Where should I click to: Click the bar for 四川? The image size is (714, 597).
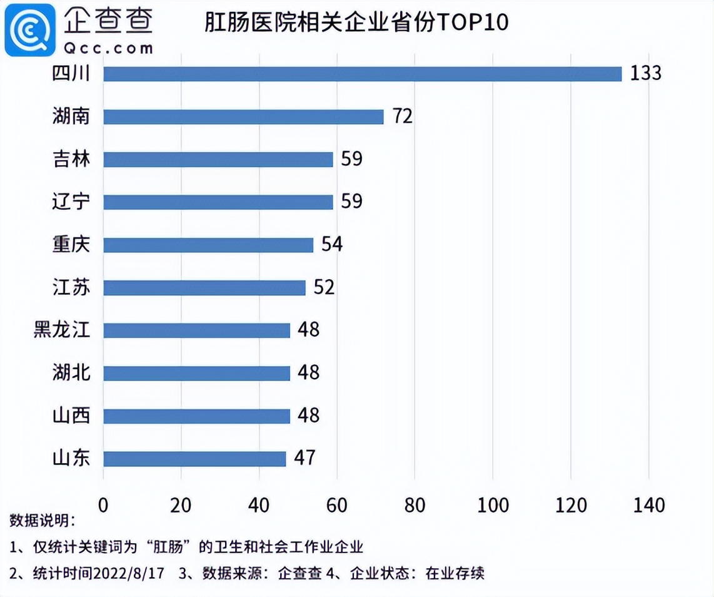click(x=363, y=74)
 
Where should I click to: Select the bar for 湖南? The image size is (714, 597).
click(x=243, y=116)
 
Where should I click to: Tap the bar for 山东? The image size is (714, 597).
click(x=194, y=459)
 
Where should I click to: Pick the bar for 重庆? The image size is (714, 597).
click(x=208, y=245)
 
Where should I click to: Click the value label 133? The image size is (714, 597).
click(x=645, y=74)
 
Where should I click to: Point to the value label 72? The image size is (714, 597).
click(x=403, y=116)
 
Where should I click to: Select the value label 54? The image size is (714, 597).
click(x=332, y=245)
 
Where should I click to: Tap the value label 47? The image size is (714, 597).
click(x=304, y=459)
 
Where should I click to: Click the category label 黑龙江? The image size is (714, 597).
click(x=62, y=330)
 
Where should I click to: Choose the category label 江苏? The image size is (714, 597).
click(x=71, y=287)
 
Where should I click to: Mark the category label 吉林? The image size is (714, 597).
click(x=71, y=159)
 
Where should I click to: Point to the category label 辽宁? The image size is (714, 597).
click(x=71, y=202)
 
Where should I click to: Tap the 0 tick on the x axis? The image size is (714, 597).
click(x=104, y=505)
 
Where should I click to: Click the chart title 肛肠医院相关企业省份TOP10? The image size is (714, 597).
click(x=357, y=24)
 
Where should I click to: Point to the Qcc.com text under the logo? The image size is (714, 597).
click(x=108, y=49)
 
